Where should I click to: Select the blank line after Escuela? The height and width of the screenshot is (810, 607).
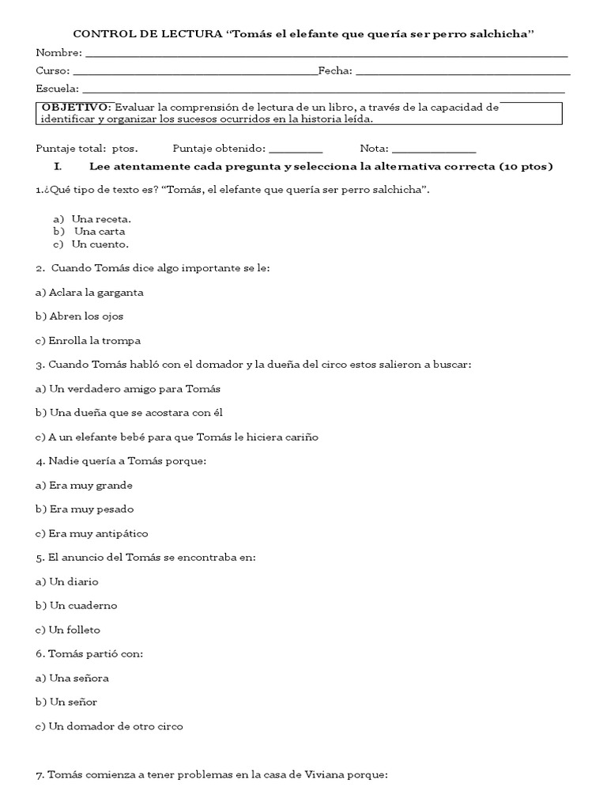tap(322, 89)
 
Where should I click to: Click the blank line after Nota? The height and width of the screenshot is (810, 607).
tap(434, 149)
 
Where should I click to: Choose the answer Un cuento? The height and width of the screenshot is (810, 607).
tap(100, 244)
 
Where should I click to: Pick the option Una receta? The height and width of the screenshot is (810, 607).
tap(101, 218)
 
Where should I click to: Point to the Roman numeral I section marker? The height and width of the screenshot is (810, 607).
tap(57, 167)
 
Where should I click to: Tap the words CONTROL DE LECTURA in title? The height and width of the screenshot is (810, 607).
tap(148, 33)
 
